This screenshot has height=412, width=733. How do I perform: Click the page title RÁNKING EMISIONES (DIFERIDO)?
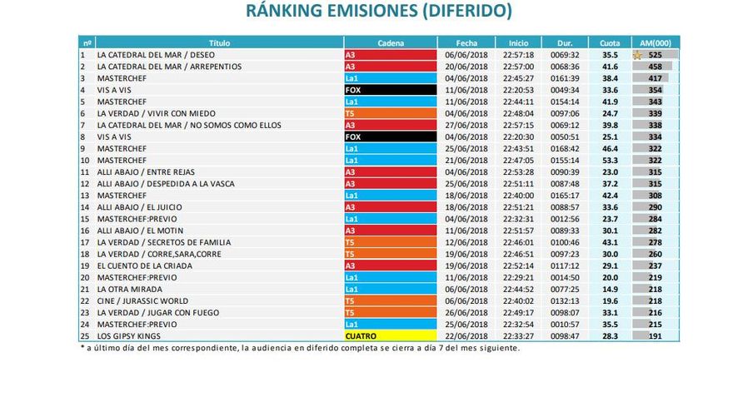379,12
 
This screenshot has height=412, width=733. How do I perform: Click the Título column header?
219,42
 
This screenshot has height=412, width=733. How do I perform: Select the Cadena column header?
390,42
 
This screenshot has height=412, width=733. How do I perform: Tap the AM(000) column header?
656,42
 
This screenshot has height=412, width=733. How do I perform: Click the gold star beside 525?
638,55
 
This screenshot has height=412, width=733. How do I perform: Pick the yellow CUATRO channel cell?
390,335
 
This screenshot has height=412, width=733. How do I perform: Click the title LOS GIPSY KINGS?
129,335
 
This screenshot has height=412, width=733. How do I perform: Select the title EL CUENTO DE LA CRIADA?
144,266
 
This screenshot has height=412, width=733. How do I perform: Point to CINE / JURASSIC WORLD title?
142,300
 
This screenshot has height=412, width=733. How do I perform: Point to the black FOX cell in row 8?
390,137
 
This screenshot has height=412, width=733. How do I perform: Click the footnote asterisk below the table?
82,348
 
